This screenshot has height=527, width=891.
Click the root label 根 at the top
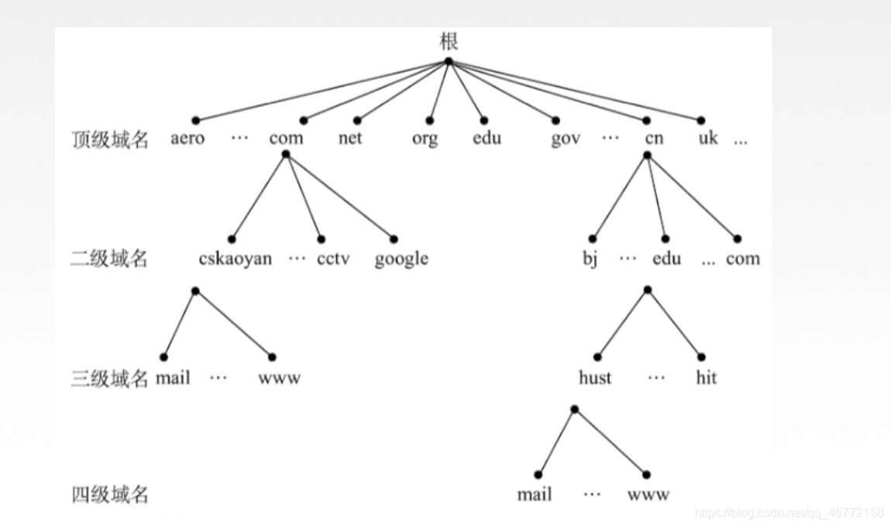point(449,41)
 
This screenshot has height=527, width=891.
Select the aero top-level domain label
point(187,139)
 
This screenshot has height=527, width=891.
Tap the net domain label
point(350,139)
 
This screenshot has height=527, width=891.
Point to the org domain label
point(425,139)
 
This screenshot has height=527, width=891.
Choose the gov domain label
point(566,139)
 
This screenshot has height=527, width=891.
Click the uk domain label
point(708,139)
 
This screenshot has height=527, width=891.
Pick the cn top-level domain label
point(654,139)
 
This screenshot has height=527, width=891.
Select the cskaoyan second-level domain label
point(236,259)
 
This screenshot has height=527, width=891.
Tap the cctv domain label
point(333,259)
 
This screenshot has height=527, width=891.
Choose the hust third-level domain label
point(595,378)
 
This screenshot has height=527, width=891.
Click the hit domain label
point(706,378)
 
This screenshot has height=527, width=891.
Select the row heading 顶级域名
point(109,139)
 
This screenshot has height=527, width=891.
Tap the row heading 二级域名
point(109,259)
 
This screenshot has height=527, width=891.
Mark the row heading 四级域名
point(109,494)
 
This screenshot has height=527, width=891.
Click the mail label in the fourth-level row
point(535,494)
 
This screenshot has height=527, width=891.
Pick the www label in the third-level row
point(280,378)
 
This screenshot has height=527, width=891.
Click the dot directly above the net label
point(357,120)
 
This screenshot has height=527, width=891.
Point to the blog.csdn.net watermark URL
point(790,513)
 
